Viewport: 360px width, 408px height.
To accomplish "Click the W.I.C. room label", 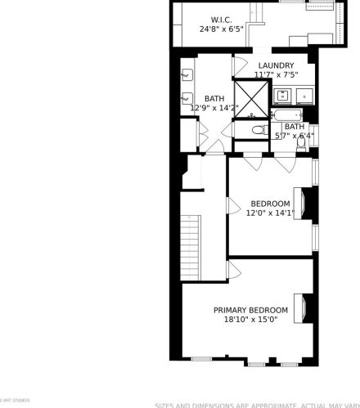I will pyautogui.click(x=221, y=19).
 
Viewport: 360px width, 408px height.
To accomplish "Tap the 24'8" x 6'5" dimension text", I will pyautogui.click(x=221, y=29).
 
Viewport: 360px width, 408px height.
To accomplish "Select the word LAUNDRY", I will pyautogui.click(x=276, y=65).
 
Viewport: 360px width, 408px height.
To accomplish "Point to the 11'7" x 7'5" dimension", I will pyautogui.click(x=276, y=74).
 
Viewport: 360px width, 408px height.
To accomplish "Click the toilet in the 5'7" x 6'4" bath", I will pyautogui.click(x=302, y=141).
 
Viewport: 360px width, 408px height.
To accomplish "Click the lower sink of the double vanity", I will pyautogui.click(x=186, y=99).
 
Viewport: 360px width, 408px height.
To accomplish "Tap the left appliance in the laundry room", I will pyautogui.click(x=284, y=96).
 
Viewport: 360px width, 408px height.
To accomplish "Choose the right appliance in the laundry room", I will pyautogui.click(x=306, y=96).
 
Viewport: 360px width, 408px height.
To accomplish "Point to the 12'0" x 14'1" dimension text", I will pyautogui.click(x=270, y=213).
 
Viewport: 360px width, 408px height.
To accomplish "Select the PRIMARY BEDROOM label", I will pyautogui.click(x=250, y=310).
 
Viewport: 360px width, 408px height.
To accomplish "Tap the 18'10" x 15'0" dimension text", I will pyautogui.click(x=250, y=320).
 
